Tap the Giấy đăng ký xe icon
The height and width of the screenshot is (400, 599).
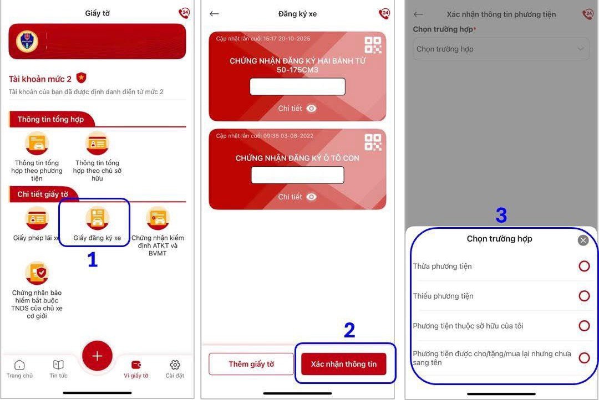coord(98,218)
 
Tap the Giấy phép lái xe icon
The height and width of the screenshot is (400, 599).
coord(37,218)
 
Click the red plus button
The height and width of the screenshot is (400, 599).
coord(97,356)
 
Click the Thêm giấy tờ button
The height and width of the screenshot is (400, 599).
coord(251,364)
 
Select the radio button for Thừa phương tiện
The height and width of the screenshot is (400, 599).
coord(584,266)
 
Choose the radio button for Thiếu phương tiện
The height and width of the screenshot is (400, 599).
coord(584,296)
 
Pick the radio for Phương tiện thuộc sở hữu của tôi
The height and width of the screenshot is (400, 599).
coord(584,326)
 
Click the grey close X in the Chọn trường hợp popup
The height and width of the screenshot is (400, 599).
coord(583,240)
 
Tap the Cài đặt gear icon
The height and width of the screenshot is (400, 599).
coord(175,365)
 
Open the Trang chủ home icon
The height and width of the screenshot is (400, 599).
coord(19,365)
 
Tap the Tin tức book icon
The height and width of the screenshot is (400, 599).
coord(58,365)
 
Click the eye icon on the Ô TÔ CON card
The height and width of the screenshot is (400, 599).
coord(311,197)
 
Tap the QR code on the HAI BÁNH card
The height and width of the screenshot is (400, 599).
coord(373,45)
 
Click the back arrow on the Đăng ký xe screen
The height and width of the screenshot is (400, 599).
coord(214,14)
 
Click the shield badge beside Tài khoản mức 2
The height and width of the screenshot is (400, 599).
coord(81,78)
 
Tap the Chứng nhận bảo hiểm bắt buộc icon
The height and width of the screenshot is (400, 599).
coord(37,273)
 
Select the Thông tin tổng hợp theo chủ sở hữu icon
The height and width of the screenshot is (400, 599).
coord(98,143)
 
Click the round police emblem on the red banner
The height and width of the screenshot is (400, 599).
coord(27,41)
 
